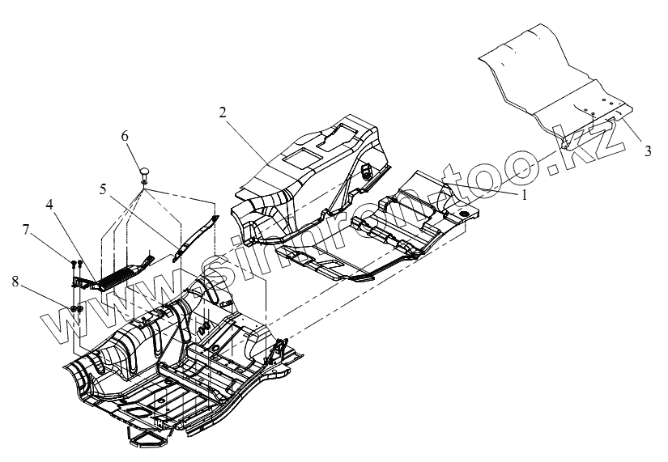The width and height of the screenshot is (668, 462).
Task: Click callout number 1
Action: coord(524,194)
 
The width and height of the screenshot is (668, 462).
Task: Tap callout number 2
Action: coord(221,112)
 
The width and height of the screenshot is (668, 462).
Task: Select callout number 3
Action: coord(647,151)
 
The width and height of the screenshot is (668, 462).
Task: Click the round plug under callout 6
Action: coord(144,171)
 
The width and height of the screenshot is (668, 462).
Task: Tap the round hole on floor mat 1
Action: coord(465,212)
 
